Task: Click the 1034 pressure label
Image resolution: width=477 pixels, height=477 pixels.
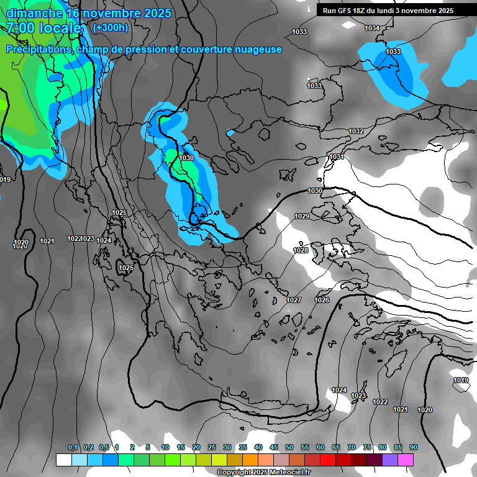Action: pyautogui.click(x=372, y=29)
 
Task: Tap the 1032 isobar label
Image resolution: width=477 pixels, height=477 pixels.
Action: pyautogui.click(x=356, y=132)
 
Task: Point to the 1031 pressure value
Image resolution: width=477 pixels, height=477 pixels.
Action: pyautogui.click(x=337, y=157)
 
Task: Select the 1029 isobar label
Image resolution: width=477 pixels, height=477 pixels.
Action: pyautogui.click(x=302, y=216)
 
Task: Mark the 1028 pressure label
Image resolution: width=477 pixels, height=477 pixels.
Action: pyautogui.click(x=301, y=250)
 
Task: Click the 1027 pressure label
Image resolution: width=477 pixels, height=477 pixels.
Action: pyautogui.click(x=294, y=301)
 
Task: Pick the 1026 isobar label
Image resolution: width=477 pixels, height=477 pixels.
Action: pyautogui.click(x=322, y=301)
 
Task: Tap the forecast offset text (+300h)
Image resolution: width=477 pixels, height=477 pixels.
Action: pyautogui.click(x=110, y=27)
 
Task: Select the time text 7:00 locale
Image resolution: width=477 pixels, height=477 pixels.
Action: pyautogui.click(x=43, y=28)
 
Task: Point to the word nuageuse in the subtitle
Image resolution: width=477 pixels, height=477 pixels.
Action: pyautogui.click(x=257, y=50)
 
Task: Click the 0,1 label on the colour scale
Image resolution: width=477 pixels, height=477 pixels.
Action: pyautogui.click(x=73, y=448)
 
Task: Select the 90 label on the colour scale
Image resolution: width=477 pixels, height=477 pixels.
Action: pyautogui.click(x=413, y=448)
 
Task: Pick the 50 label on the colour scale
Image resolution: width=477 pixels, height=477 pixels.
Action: pyautogui.click(x=289, y=448)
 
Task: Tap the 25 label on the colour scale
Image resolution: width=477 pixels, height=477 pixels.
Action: pyautogui.click(x=212, y=448)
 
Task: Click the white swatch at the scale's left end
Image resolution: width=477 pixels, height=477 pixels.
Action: pyautogui.click(x=63, y=460)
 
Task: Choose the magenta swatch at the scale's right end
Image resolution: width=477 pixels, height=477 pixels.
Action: pyautogui.click(x=406, y=460)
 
